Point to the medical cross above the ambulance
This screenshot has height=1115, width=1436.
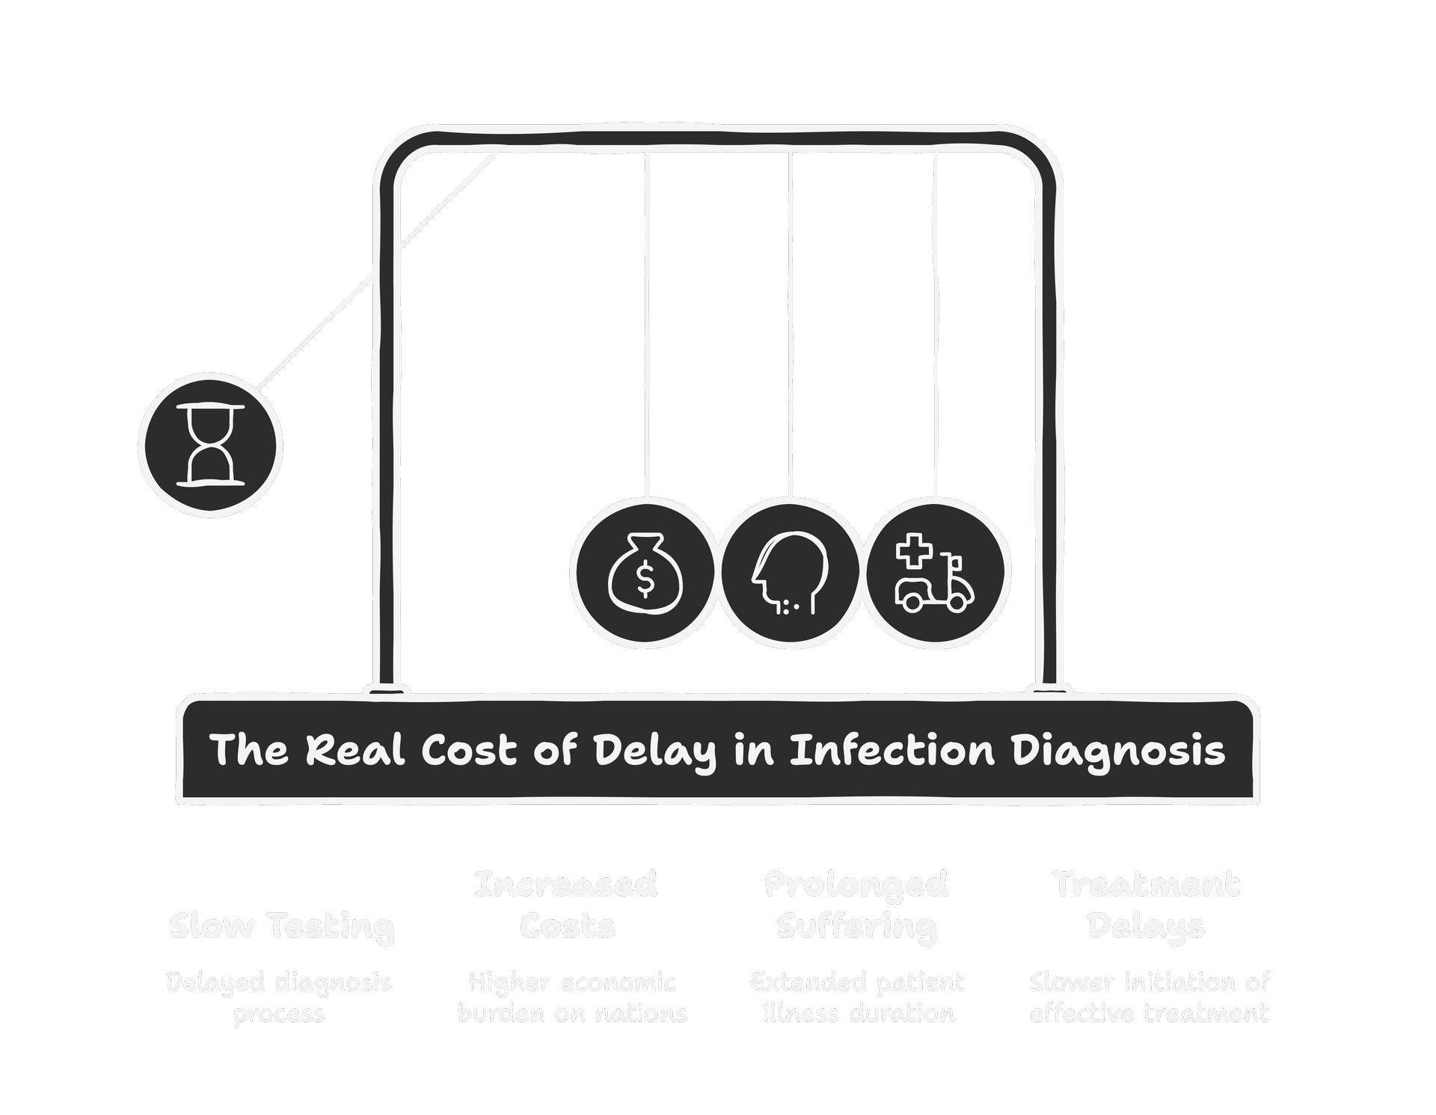click(x=914, y=552)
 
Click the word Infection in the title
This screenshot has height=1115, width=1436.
click(x=892, y=749)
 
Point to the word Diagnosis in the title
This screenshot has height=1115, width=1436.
click(x=1119, y=751)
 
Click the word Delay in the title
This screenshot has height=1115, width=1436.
click(x=654, y=751)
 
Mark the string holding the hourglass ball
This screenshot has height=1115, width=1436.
click(x=374, y=273)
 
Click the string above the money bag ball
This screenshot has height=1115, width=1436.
click(x=647, y=322)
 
